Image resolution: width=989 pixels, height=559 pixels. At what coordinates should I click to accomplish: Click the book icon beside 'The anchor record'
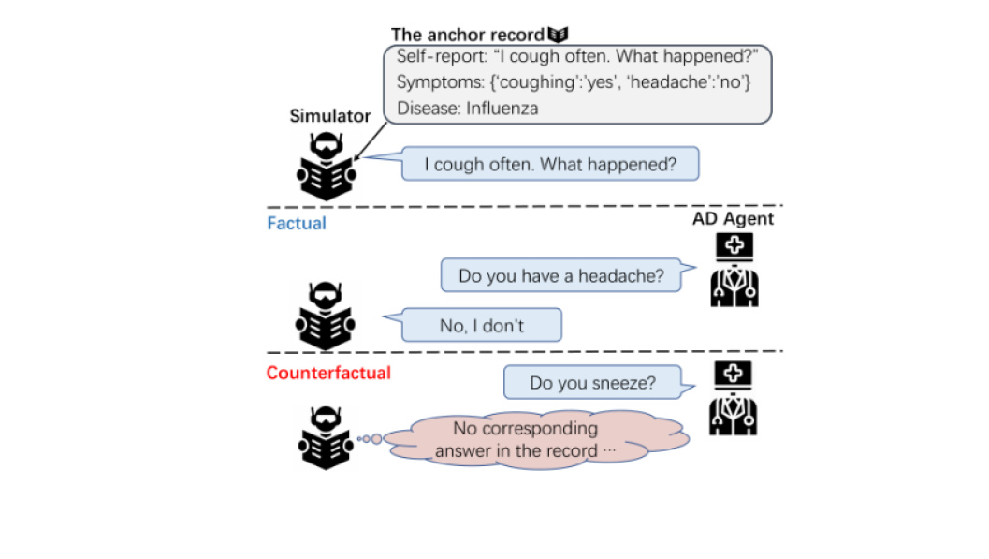click(559, 35)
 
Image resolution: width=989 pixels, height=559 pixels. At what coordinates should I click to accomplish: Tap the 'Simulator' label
click(329, 116)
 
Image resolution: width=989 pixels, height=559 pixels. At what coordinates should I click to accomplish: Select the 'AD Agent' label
click(733, 218)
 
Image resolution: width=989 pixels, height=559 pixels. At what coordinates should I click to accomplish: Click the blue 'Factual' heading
click(297, 224)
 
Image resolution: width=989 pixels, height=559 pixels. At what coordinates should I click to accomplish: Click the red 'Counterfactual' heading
click(328, 373)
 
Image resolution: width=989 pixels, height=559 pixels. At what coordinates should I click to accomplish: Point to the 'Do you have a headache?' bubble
click(561, 276)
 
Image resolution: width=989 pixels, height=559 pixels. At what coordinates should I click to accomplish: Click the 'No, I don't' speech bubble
click(482, 326)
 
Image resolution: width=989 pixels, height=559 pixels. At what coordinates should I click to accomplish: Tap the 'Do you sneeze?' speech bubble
click(592, 382)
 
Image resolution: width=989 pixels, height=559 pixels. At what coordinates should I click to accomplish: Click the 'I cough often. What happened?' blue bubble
click(550, 165)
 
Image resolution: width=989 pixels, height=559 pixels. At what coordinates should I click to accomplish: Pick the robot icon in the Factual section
click(326, 316)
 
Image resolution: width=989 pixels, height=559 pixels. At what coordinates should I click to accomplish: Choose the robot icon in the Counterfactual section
click(326, 437)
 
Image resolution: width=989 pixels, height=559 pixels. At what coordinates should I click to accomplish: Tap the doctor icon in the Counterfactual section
click(734, 400)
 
